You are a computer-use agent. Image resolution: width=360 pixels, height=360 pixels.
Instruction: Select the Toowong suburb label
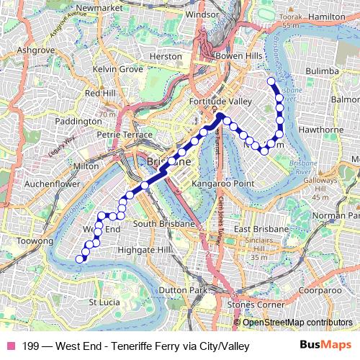tap(35, 240)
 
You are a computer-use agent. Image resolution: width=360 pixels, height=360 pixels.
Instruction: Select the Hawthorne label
tap(321, 130)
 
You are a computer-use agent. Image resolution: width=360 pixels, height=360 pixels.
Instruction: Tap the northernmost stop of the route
tap(271, 81)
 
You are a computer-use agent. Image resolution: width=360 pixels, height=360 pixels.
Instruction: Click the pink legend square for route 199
tap(11, 346)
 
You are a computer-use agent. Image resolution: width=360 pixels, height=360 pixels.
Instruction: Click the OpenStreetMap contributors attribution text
tap(296, 322)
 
